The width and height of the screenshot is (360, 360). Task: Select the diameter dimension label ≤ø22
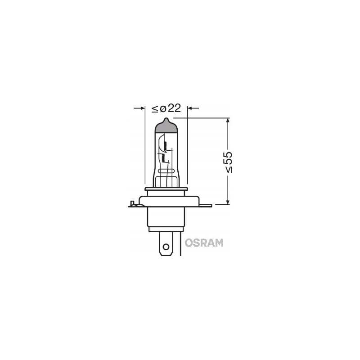[166, 108]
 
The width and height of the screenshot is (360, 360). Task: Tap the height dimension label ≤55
[228, 162]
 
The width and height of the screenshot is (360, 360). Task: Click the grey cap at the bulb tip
[166, 126]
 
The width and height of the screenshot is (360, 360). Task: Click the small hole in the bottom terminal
[166, 246]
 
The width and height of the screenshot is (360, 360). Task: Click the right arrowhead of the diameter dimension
[190, 108]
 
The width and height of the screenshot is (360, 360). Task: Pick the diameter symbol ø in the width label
[162, 108]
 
